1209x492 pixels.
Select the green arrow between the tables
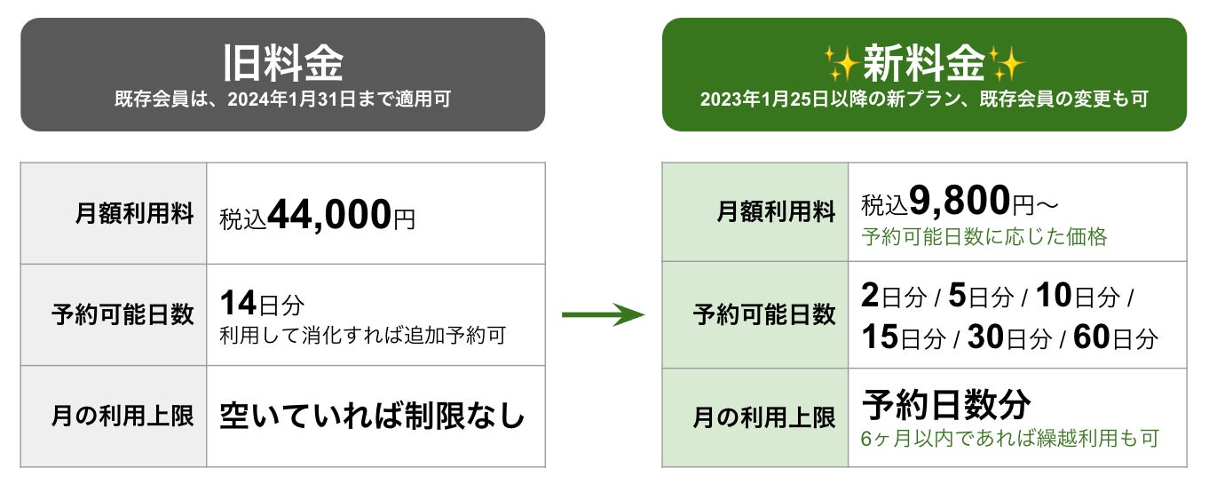[604, 313]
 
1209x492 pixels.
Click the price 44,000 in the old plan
[329, 214]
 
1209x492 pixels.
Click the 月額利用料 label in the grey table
[135, 214]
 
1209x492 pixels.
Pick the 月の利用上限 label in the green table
[764, 417]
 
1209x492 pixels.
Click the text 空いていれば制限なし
[372, 416]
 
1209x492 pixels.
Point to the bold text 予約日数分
[946, 404]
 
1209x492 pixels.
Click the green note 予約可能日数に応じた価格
[984, 238]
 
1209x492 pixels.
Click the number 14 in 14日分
[238, 304]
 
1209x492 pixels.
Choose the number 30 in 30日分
[985, 337]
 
